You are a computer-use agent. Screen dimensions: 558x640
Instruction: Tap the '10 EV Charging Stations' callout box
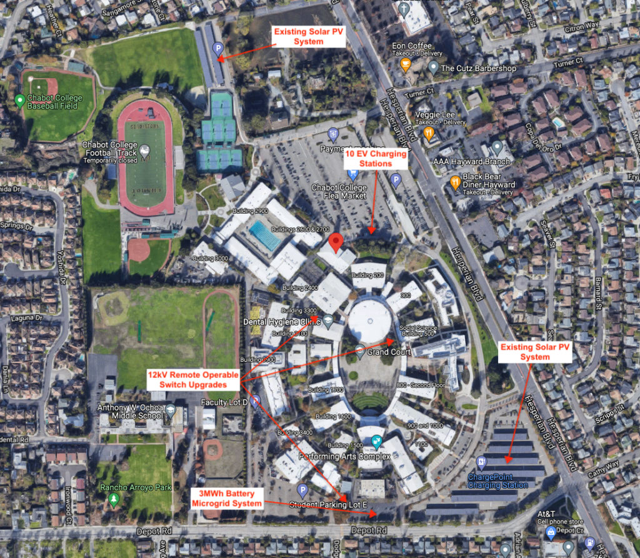coord(376,159)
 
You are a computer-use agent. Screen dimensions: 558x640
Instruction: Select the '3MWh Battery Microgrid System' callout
coord(226,499)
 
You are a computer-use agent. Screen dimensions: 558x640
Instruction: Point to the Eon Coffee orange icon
coord(406,64)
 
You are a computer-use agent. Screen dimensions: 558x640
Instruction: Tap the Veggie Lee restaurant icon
coord(429,134)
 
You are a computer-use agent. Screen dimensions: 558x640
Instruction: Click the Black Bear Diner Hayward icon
coord(455,182)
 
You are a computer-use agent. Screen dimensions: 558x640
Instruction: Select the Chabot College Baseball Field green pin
coord(19,99)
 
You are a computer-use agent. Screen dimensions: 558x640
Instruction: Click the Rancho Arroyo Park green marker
coord(113,499)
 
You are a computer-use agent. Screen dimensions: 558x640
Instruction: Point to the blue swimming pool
coord(265,236)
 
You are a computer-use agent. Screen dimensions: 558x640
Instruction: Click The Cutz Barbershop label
coord(479,68)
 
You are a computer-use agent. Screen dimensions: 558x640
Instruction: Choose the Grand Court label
coord(387,352)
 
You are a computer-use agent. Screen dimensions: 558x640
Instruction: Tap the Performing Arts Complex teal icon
coord(376,442)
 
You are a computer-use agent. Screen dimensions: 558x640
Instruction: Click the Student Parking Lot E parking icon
coord(302,491)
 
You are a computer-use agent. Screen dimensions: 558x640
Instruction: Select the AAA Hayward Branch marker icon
coord(497,147)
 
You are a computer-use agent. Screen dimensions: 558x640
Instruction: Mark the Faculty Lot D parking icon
coord(254,402)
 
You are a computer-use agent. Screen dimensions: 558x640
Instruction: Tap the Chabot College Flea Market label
coord(339,192)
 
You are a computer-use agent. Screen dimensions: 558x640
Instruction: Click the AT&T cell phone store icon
coord(550,532)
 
